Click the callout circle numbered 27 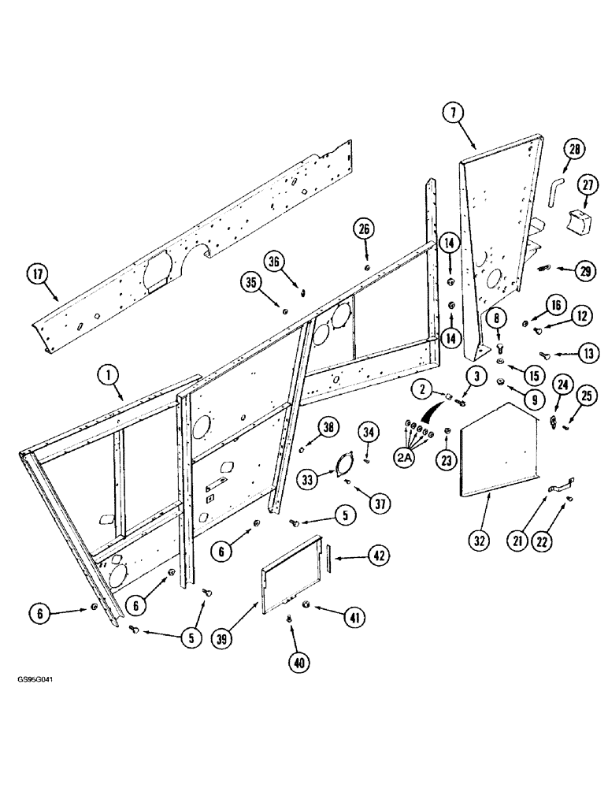tap(585, 185)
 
